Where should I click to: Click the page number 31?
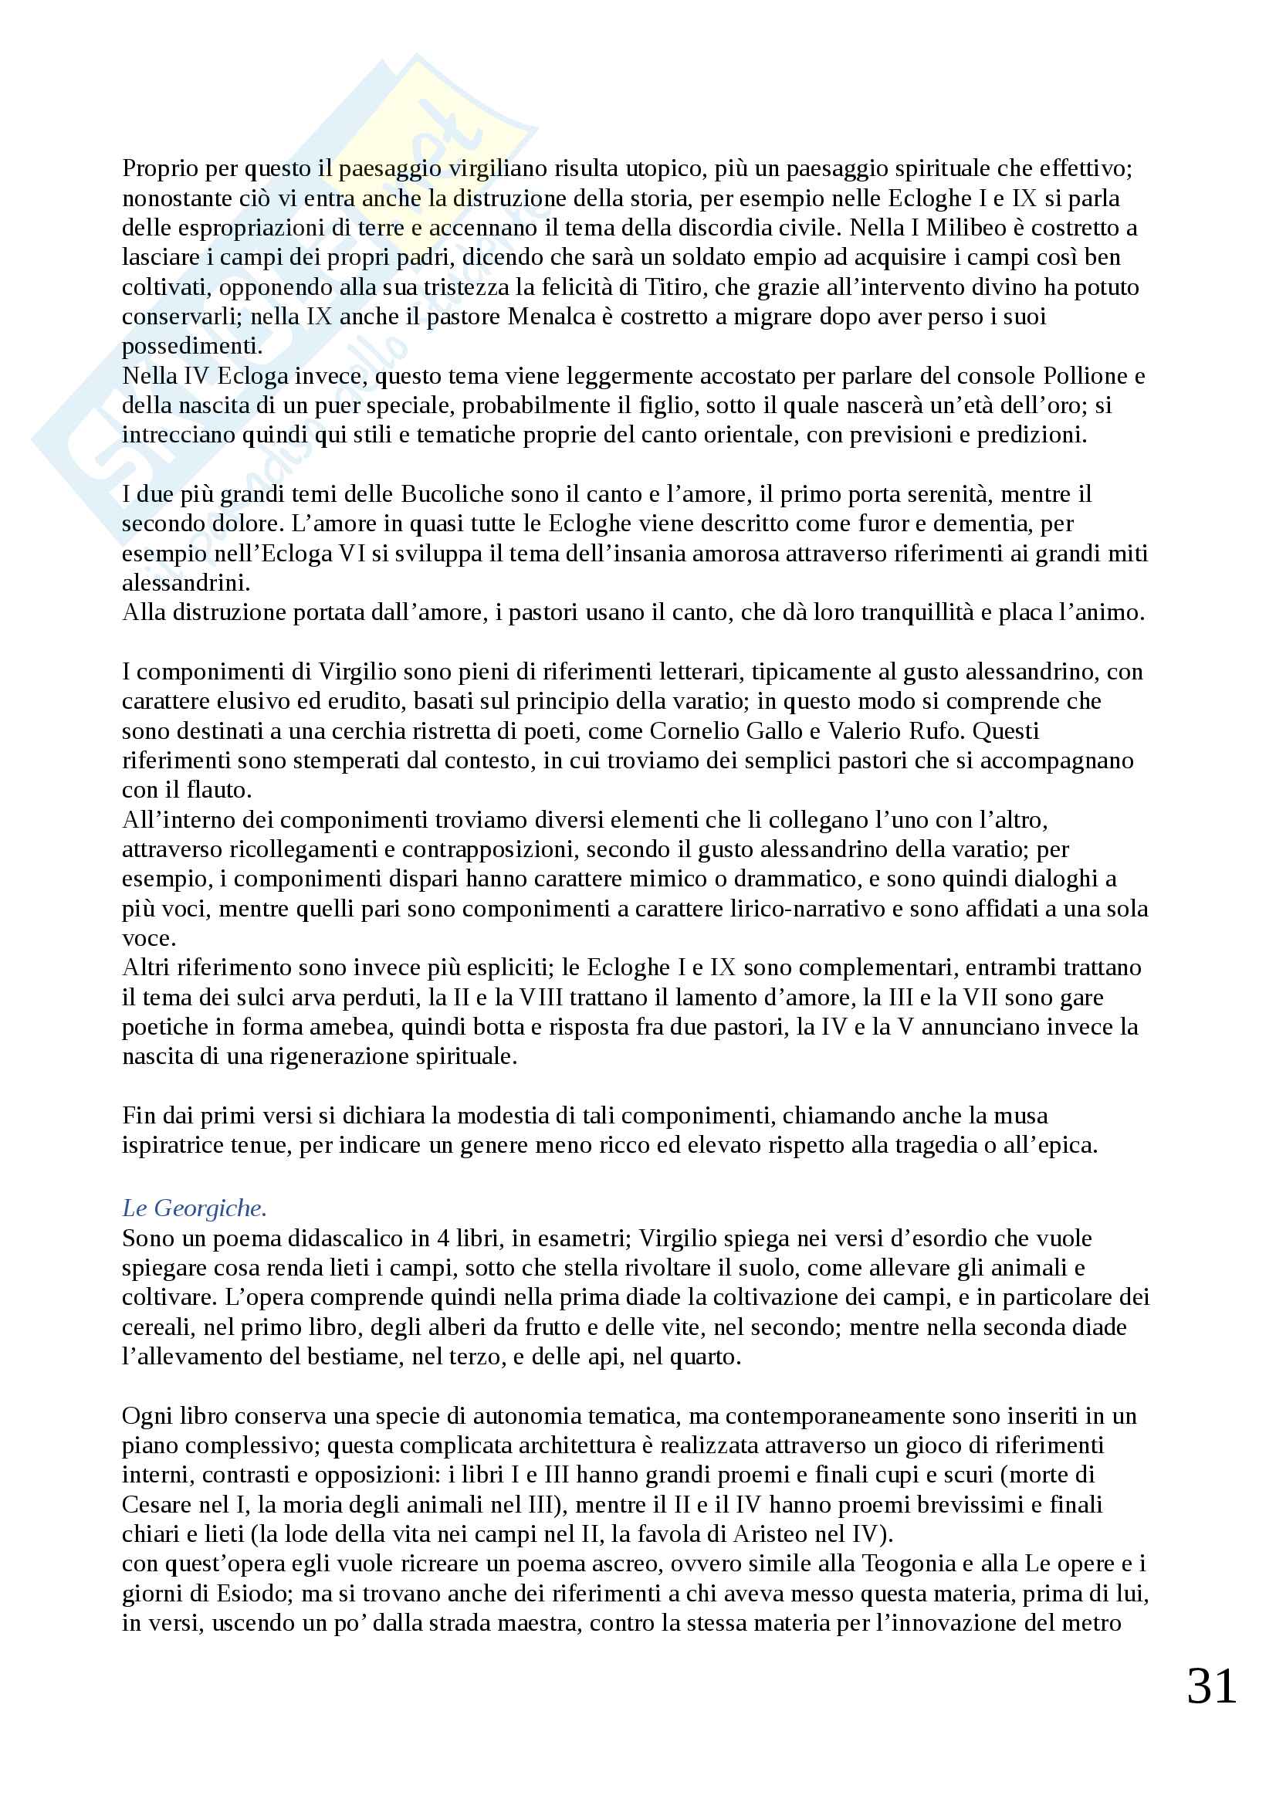pos(1211,1686)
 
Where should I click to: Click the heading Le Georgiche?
pos(195,1208)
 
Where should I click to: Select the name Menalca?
pos(550,317)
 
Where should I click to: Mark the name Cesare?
pos(160,1505)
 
